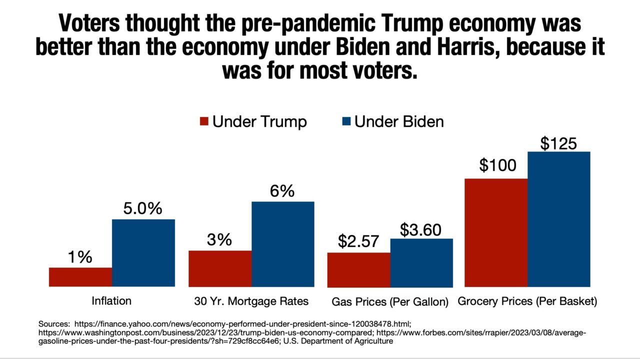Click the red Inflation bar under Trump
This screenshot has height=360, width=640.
pyautogui.click(x=80, y=277)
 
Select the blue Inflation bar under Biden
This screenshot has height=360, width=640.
pyautogui.click(x=143, y=252)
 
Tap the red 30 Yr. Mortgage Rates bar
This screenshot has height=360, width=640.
pyautogui.click(x=220, y=268)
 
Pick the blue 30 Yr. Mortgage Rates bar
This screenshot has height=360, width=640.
pyautogui.click(x=283, y=244)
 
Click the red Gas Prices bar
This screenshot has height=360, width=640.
pyautogui.click(x=358, y=269)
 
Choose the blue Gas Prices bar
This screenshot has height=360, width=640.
pyautogui.click(x=421, y=262)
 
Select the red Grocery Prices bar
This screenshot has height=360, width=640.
pyautogui.click(x=496, y=232)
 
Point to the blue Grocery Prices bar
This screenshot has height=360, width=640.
pyautogui.click(x=559, y=219)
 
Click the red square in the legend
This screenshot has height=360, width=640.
pyautogui.click(x=204, y=122)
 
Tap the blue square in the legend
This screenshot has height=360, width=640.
pyautogui.click(x=345, y=122)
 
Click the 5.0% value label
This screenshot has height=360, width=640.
pyautogui.click(x=143, y=208)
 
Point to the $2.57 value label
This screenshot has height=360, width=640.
pyautogui.click(x=358, y=241)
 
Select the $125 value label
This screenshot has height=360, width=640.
pyautogui.click(x=558, y=143)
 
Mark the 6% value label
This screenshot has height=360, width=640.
pyautogui.click(x=282, y=191)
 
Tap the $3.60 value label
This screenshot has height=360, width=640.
pyautogui.click(x=421, y=229)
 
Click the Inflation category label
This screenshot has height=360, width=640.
pyautogui.click(x=111, y=301)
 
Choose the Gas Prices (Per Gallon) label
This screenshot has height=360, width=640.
pyautogui.click(x=390, y=302)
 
